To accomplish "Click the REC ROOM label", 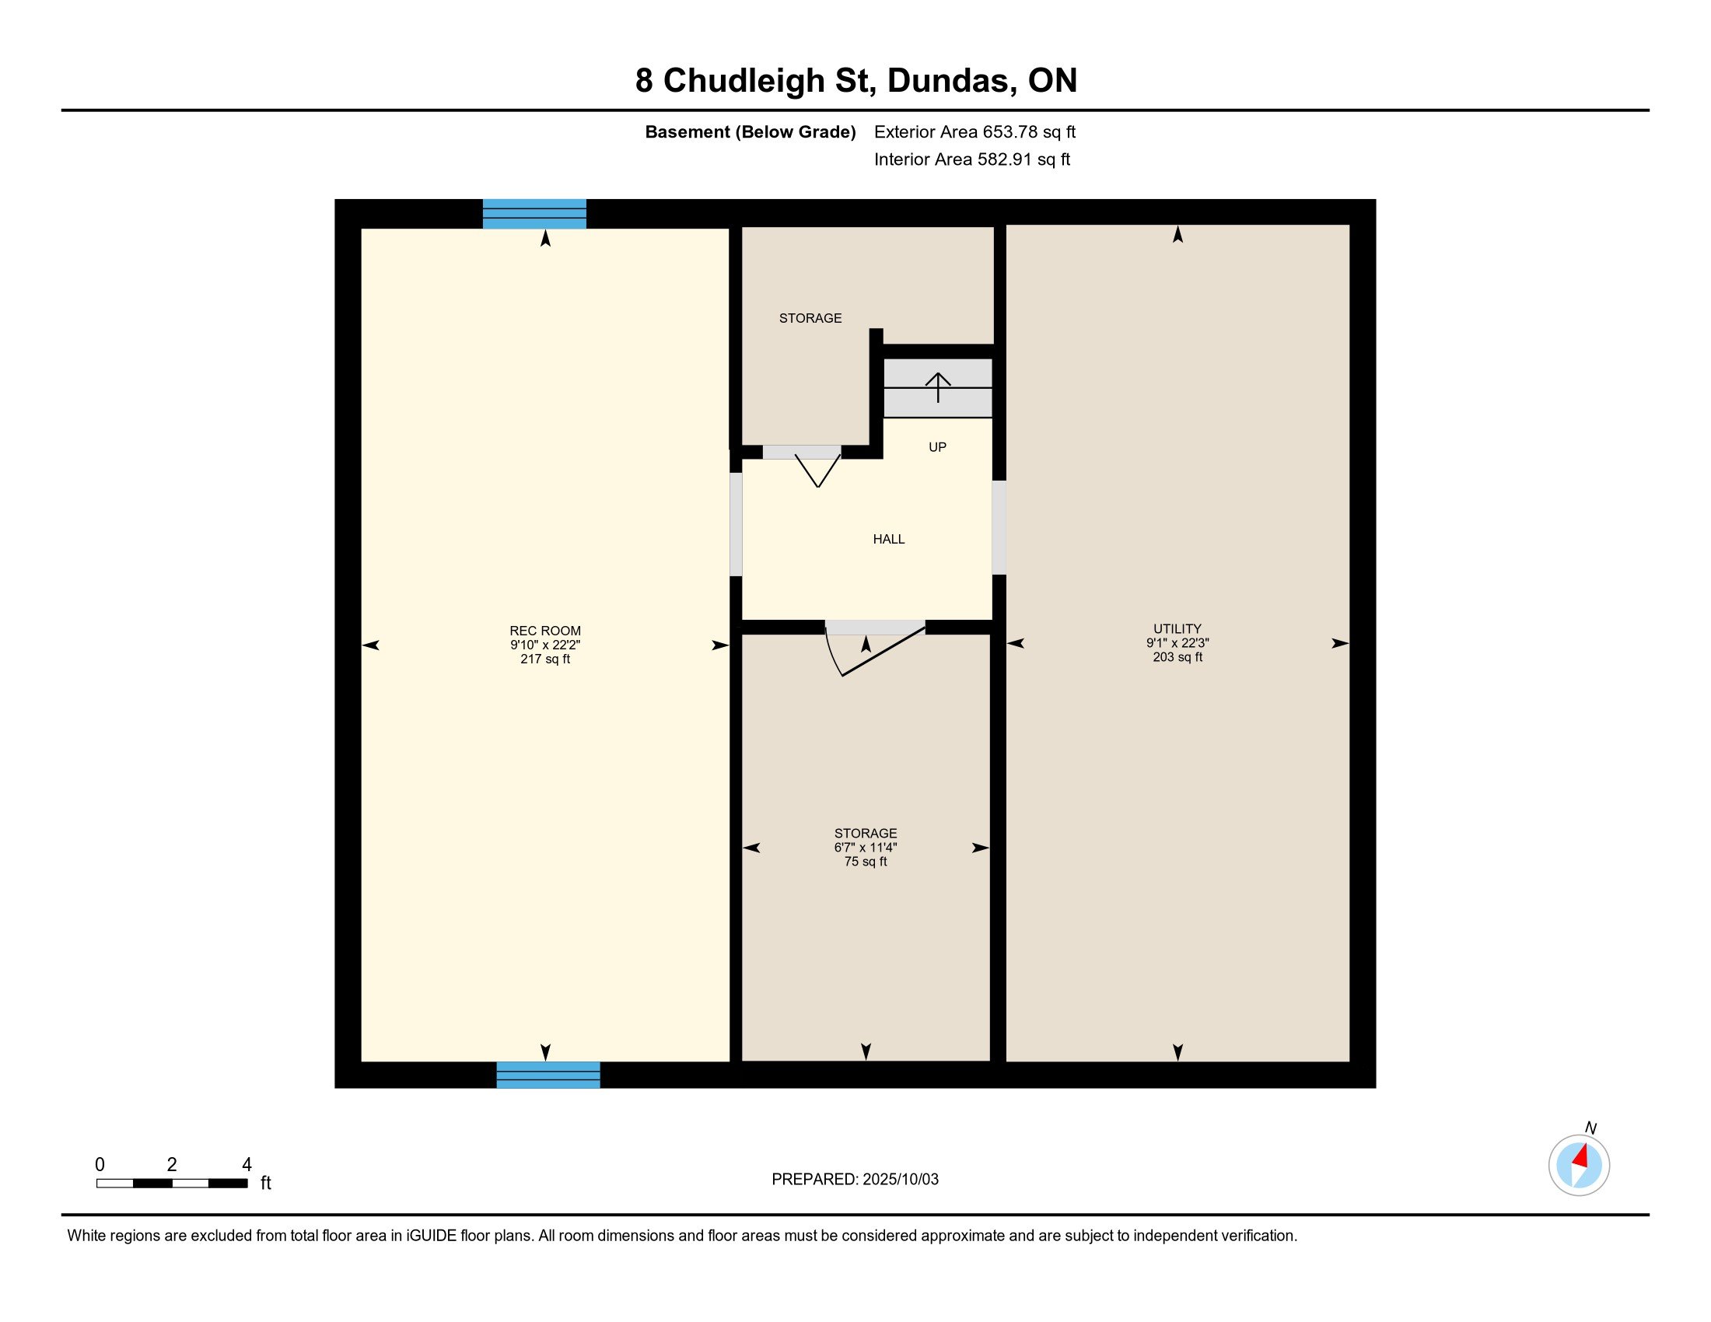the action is pyautogui.click(x=545, y=631).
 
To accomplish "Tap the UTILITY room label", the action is pyautogui.click(x=1177, y=629).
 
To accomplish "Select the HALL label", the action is pyautogui.click(x=888, y=539).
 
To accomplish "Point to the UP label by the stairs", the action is pyautogui.click(x=937, y=447).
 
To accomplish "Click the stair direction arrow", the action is pyautogui.click(x=938, y=388).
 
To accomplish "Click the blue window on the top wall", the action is pyautogui.click(x=534, y=214).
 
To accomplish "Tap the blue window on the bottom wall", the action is pyautogui.click(x=548, y=1075).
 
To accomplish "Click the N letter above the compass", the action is pyautogui.click(x=1590, y=1128).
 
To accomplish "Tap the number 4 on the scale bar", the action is pyautogui.click(x=247, y=1165).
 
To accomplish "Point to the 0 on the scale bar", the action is pyautogui.click(x=100, y=1165).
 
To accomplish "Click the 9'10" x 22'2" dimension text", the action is pyautogui.click(x=545, y=645).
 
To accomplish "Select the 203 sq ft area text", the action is pyautogui.click(x=1177, y=657).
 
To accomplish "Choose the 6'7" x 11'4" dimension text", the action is pyautogui.click(x=866, y=848).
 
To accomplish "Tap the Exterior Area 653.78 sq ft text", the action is pyautogui.click(x=974, y=131).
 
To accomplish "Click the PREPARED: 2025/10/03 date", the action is pyautogui.click(x=855, y=1180).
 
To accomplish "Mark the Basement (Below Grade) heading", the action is pyautogui.click(x=750, y=132).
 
